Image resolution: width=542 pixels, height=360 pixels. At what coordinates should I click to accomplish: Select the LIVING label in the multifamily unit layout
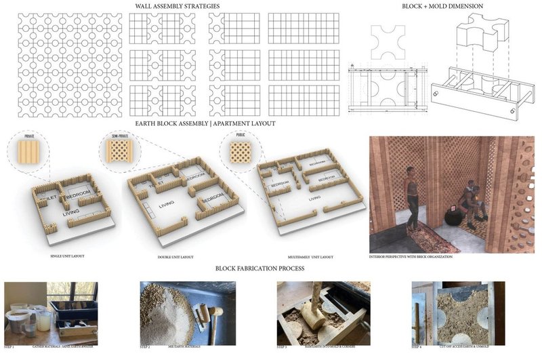click(x=313, y=199)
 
